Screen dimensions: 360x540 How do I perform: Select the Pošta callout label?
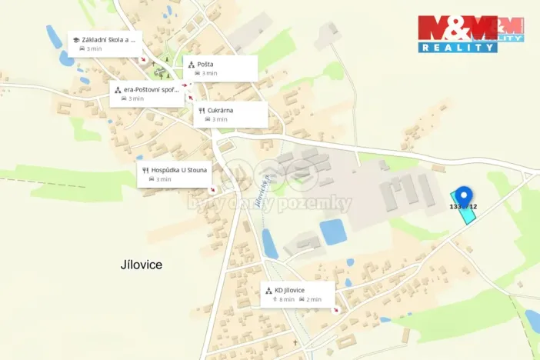204,65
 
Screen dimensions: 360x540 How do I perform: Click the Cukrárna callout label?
220,110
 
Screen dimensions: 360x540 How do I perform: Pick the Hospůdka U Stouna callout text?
179,169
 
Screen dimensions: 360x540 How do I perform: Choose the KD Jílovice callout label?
289,290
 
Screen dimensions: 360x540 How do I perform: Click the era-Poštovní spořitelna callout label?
151,89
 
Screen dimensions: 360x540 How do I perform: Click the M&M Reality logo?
470,33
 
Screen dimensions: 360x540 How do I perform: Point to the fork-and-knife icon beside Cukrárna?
202,111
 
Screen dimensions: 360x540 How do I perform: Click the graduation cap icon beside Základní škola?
76,39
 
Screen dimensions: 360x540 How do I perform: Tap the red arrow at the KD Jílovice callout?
335,309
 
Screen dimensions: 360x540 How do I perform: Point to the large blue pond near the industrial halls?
333,232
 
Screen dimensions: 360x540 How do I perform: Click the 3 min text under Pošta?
209,74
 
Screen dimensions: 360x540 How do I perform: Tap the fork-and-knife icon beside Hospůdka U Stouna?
145,170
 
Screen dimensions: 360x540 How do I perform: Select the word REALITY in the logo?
458,47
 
